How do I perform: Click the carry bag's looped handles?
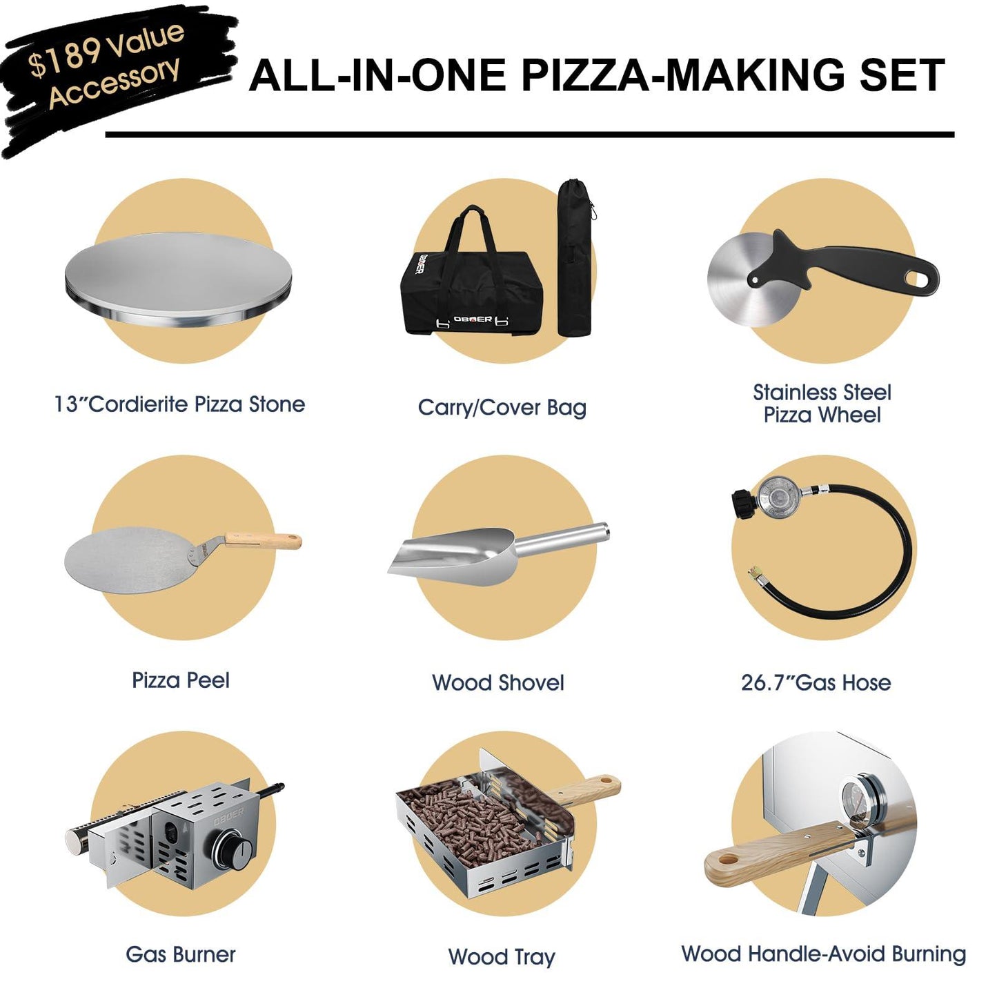pos(473,231)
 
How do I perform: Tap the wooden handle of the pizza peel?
pos(266,540)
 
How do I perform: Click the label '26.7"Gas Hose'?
pos(816,683)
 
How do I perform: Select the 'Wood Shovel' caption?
pos(497,683)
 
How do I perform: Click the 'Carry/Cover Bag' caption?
pos(502,408)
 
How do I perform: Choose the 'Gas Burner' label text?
pos(181,955)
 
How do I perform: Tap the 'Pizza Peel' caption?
pos(181,681)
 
